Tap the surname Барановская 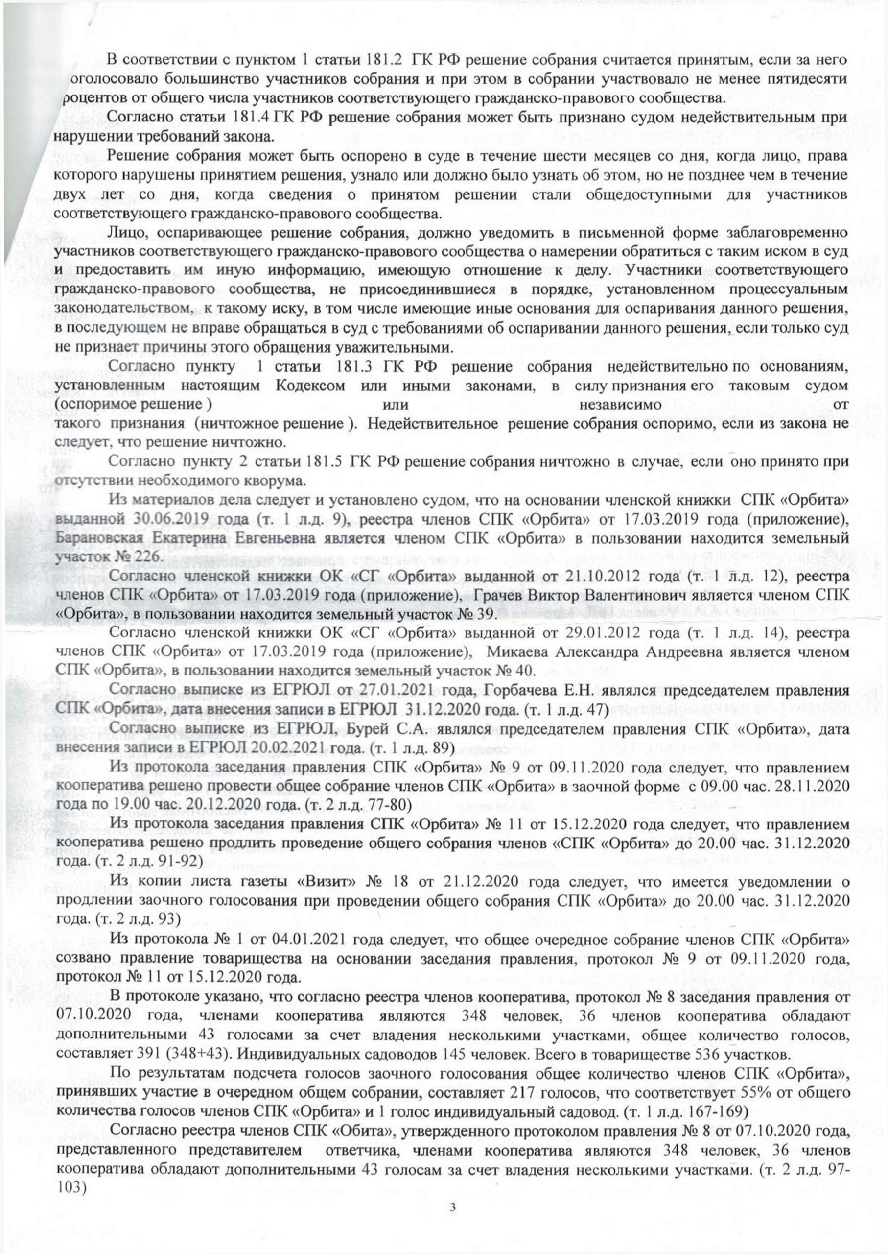[x=99, y=538]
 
